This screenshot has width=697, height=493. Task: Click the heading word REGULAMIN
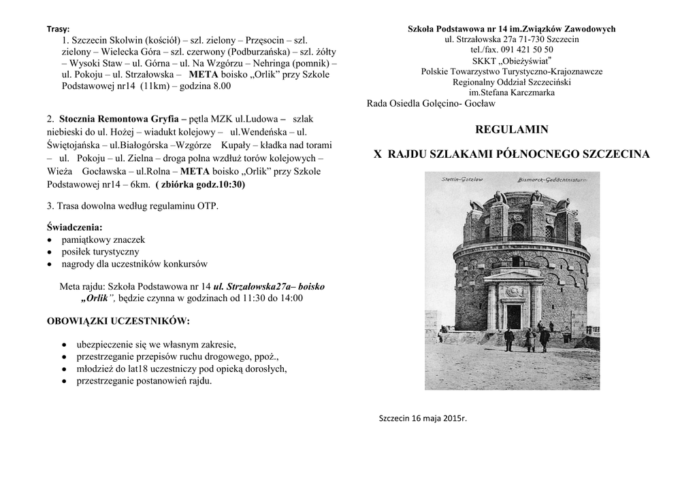pyautogui.click(x=511, y=129)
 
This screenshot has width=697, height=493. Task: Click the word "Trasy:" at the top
pyautogui.click(x=59, y=29)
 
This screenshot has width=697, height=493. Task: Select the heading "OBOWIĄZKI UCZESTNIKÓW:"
pyautogui.click(x=118, y=320)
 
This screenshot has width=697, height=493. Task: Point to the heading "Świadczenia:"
pyautogui.click(x=75, y=227)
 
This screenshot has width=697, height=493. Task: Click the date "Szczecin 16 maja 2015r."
pyautogui.click(x=423, y=418)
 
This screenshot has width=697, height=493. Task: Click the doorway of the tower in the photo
pyautogui.click(x=513, y=316)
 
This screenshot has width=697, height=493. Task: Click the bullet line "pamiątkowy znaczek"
pyautogui.click(x=103, y=239)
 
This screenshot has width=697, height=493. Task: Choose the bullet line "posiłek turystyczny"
pyautogui.click(x=100, y=252)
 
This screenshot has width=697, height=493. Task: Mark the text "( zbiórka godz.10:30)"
pyautogui.click(x=200, y=184)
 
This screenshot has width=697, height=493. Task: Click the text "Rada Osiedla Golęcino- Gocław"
pyautogui.click(x=431, y=103)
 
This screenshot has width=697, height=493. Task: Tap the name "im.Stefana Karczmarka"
pyautogui.click(x=512, y=92)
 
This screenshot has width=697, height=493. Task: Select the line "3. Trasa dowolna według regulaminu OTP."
pyautogui.click(x=133, y=206)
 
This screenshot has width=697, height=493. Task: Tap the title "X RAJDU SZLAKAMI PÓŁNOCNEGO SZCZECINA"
pyautogui.click(x=512, y=155)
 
